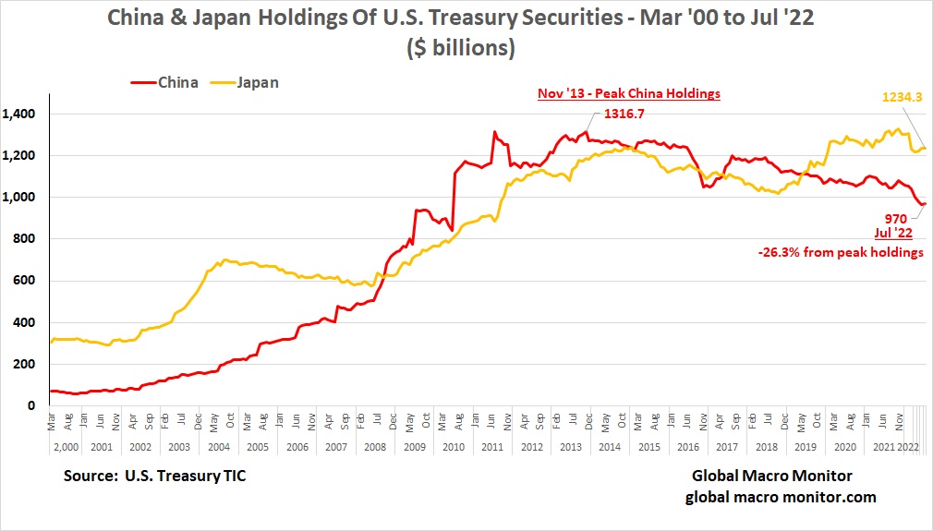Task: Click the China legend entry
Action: (x=165, y=82)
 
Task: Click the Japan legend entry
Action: (x=246, y=82)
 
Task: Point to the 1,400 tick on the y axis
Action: (x=21, y=114)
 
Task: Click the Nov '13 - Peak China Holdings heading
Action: (x=629, y=93)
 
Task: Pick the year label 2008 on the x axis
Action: (x=378, y=446)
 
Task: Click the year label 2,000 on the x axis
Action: (x=67, y=446)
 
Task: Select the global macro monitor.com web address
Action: (x=781, y=497)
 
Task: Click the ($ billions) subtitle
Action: (x=461, y=46)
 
